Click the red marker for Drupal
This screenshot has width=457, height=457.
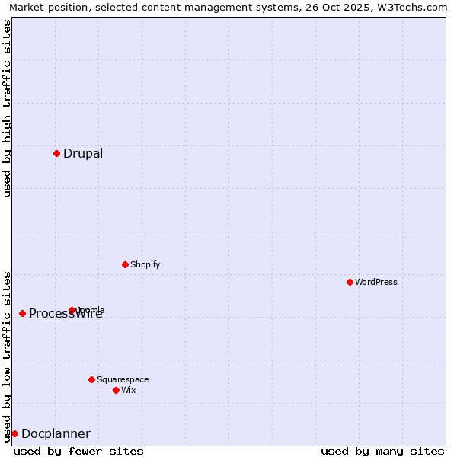[56, 153]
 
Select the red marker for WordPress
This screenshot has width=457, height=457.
[350, 282]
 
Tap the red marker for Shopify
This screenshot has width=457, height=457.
[125, 264]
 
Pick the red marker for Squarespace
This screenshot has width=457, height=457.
[91, 379]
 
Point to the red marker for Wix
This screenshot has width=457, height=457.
[116, 390]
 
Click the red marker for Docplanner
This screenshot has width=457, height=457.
[14, 433]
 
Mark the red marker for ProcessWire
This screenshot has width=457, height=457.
[22, 313]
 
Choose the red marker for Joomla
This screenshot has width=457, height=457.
[72, 310]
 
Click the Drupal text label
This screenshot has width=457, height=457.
[83, 153]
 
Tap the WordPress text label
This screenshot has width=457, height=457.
[376, 282]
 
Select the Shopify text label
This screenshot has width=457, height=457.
[145, 264]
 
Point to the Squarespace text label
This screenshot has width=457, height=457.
[123, 379]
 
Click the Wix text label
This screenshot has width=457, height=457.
[129, 390]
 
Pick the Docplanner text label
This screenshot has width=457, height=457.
[56, 433]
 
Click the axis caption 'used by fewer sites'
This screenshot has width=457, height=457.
[78, 451]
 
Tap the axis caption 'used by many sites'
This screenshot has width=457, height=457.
[382, 451]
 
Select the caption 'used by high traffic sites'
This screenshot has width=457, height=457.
[7, 108]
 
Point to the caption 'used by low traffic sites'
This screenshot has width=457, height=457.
[7, 356]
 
